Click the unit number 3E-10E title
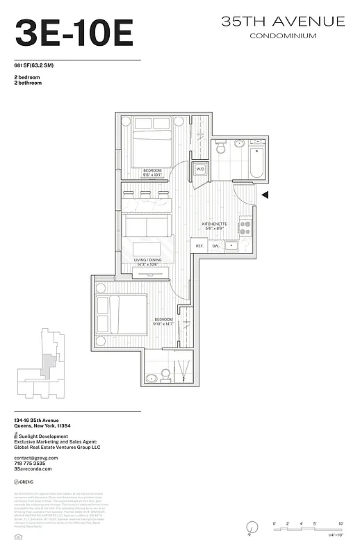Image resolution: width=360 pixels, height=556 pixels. (x=74, y=33)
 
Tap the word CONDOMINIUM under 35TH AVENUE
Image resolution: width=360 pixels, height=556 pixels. (x=283, y=35)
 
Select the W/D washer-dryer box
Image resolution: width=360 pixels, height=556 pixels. (x=200, y=169)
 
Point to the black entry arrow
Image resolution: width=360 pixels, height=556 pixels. (x=264, y=195)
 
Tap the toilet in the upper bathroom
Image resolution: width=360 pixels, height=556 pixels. (x=221, y=147)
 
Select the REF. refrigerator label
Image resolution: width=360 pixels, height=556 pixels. (x=199, y=246)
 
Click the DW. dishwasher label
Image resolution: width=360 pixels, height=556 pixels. (x=215, y=246)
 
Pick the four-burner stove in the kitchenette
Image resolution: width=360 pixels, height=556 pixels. (x=245, y=227)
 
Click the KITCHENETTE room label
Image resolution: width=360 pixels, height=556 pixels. (x=214, y=224)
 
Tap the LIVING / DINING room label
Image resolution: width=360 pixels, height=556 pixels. (x=147, y=260)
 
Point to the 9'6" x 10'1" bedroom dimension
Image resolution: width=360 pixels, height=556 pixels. (x=153, y=175)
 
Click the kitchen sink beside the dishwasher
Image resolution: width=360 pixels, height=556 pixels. (x=232, y=245)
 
